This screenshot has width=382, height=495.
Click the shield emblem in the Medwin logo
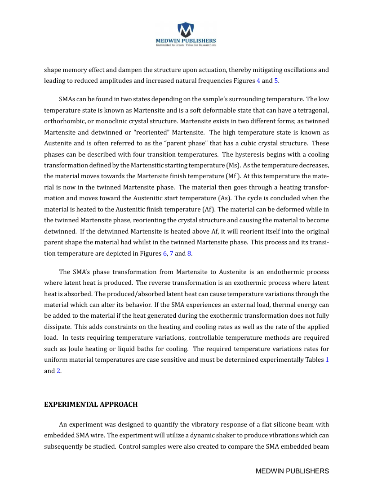click(x=186, y=30)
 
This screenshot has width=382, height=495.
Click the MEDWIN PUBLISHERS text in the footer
click(x=292, y=471)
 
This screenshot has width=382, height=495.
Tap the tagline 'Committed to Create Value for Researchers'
click(x=186, y=45)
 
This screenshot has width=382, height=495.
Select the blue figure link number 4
click(x=258, y=81)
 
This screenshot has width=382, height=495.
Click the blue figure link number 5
click(x=276, y=81)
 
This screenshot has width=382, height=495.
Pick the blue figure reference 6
click(x=164, y=253)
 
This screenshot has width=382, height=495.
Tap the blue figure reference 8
click(x=189, y=253)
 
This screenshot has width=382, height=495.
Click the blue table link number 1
click(x=327, y=360)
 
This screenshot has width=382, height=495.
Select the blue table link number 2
click(x=58, y=371)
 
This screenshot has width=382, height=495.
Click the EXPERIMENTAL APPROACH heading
click(x=91, y=404)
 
